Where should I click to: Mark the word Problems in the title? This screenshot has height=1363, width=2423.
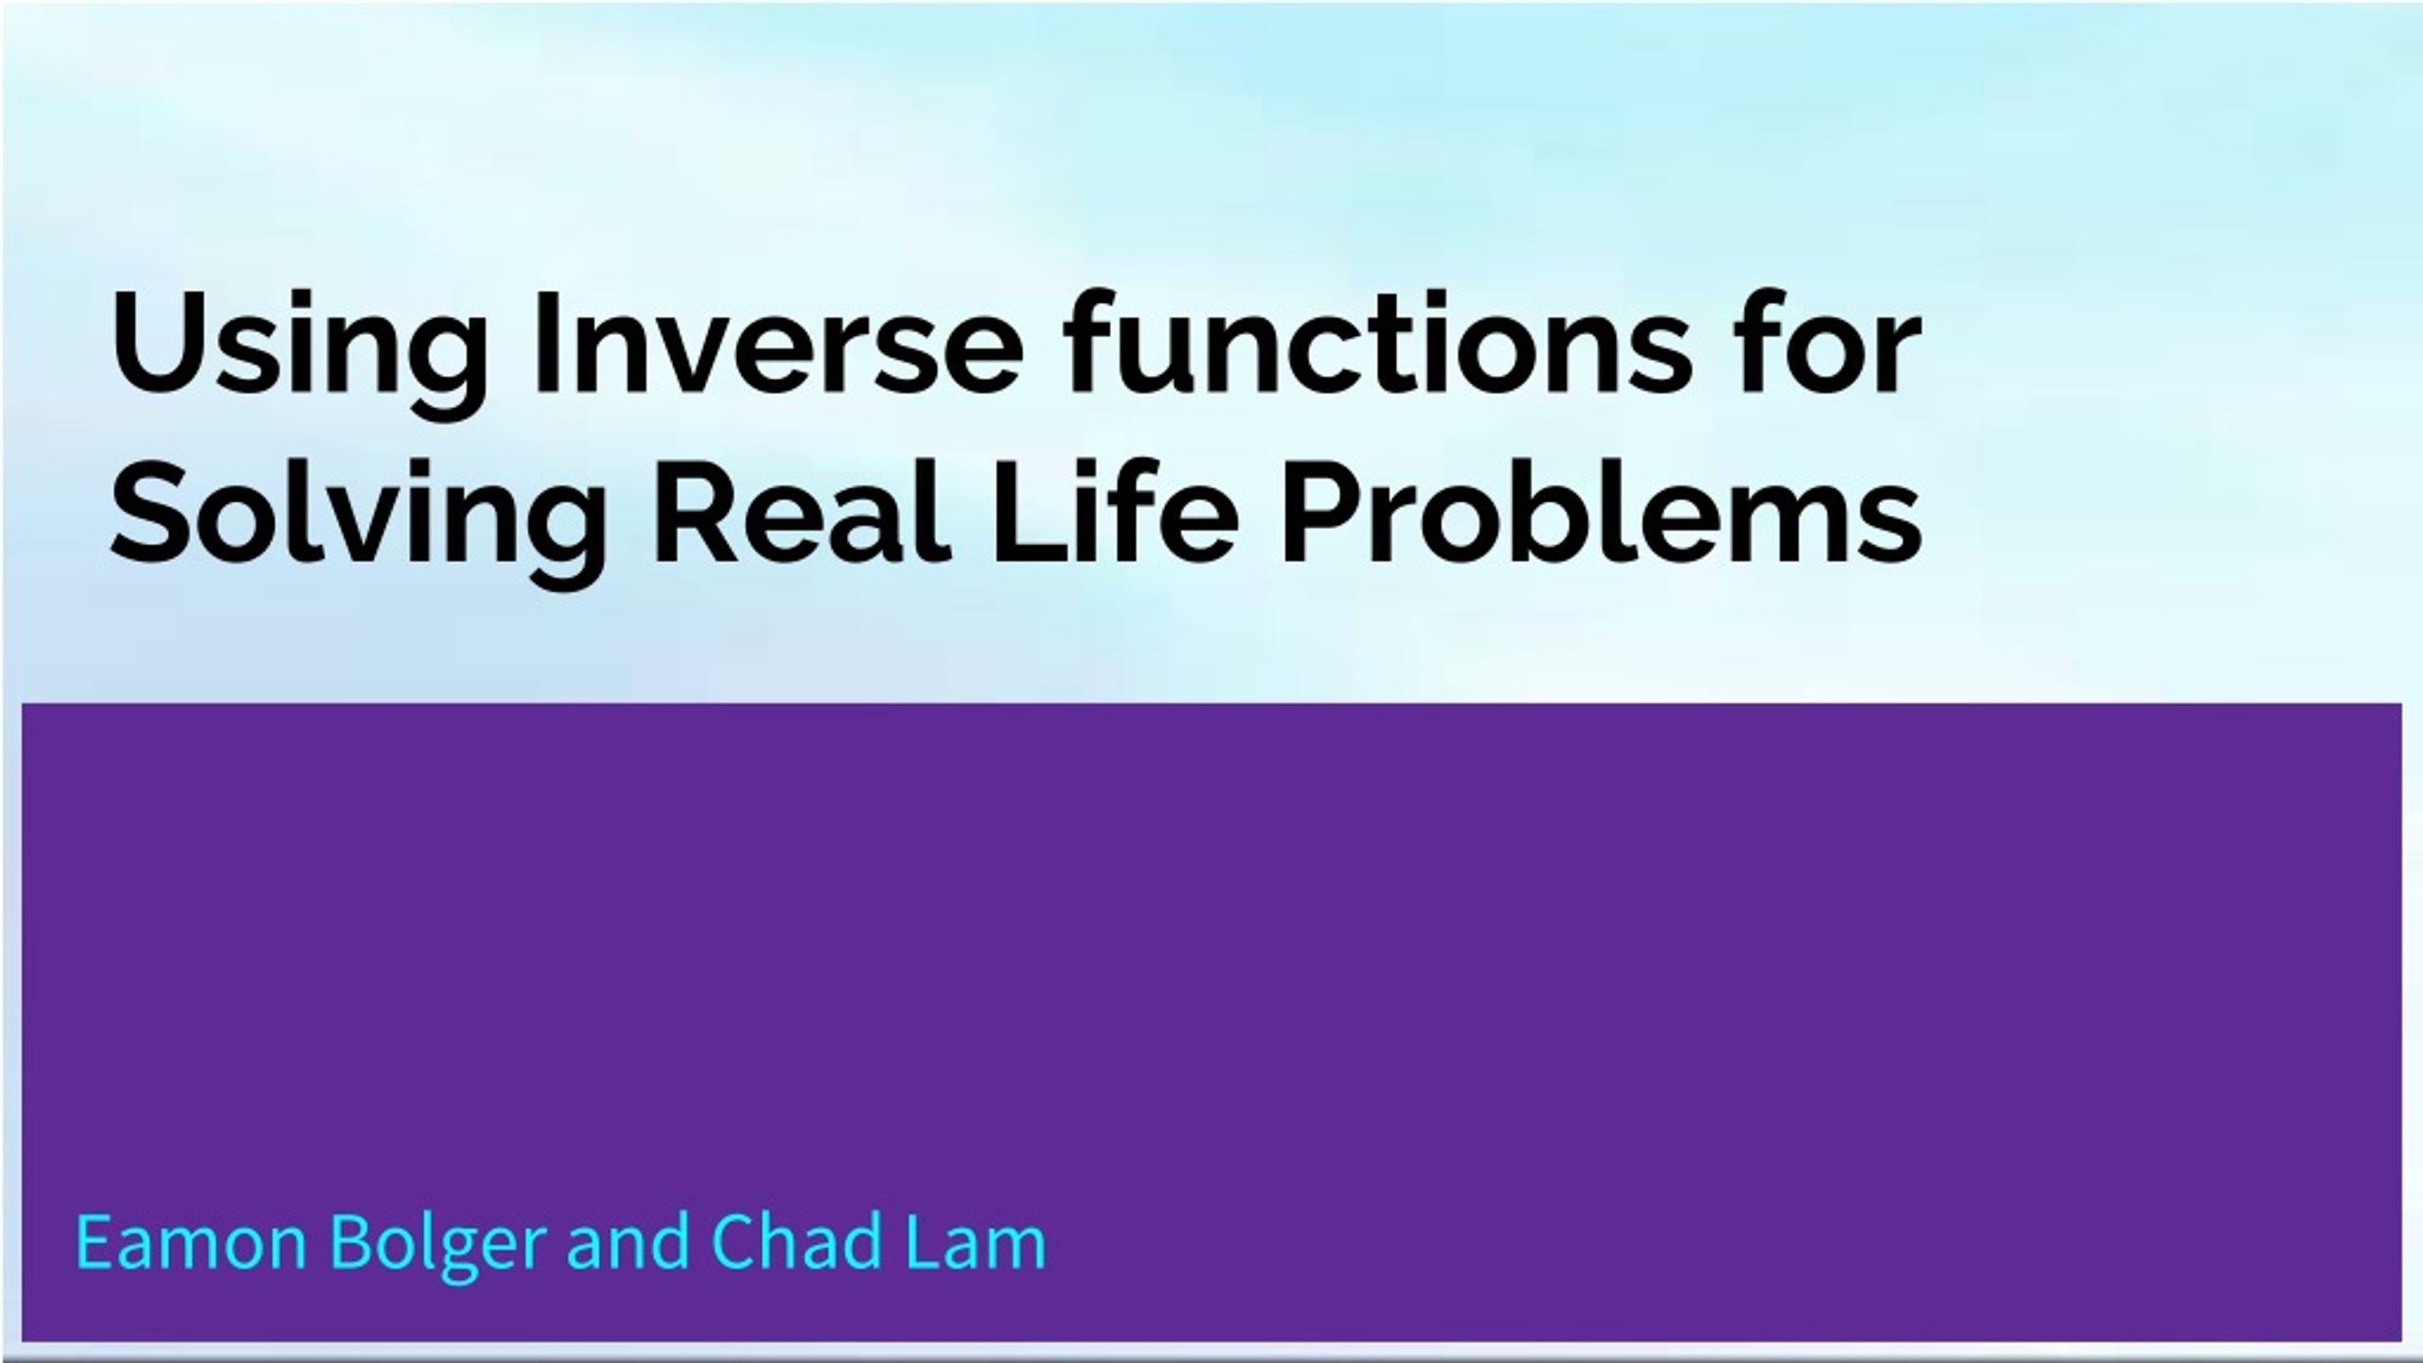coord(1601,512)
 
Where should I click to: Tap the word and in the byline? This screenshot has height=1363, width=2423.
coord(628,1240)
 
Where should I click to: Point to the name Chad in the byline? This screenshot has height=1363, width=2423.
coord(793,1240)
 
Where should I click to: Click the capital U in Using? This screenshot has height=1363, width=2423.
coord(152,343)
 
